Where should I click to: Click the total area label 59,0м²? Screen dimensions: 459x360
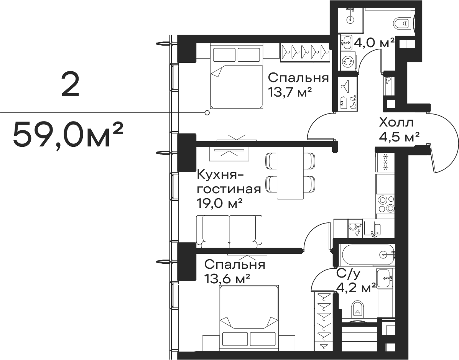point(67,135)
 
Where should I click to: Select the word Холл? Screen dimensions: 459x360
point(396,123)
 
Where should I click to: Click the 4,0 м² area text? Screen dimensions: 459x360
point(374,43)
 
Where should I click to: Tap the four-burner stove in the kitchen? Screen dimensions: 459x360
point(385,204)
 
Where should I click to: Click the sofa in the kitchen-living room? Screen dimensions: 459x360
point(229,230)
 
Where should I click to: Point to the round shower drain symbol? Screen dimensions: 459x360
point(350,19)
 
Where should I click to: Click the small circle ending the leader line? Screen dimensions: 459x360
point(207,112)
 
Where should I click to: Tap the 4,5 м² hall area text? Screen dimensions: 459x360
point(400,137)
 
